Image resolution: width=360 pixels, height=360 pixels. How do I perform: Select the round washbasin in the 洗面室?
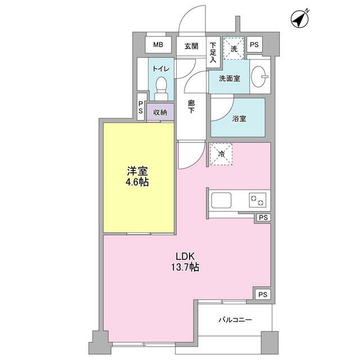259,78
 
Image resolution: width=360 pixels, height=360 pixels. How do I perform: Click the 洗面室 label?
230,78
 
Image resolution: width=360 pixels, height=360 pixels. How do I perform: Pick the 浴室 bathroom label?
239,119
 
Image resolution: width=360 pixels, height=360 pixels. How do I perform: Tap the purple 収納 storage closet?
159,112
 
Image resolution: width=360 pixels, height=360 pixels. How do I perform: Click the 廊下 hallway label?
191,107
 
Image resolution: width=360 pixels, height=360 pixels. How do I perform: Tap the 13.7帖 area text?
186,267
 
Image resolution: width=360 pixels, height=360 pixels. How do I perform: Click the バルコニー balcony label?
235,320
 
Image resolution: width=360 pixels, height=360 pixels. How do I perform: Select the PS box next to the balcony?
262,294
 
